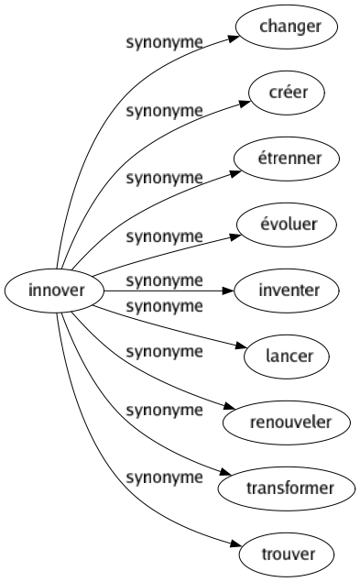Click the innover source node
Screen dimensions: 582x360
click(55, 291)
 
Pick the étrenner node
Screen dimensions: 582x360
click(289, 159)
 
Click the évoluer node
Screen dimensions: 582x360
click(289, 225)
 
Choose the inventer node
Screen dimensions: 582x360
click(289, 291)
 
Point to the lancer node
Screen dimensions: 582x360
click(289, 357)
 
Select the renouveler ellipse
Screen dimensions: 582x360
click(289, 423)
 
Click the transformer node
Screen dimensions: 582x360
click(289, 489)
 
